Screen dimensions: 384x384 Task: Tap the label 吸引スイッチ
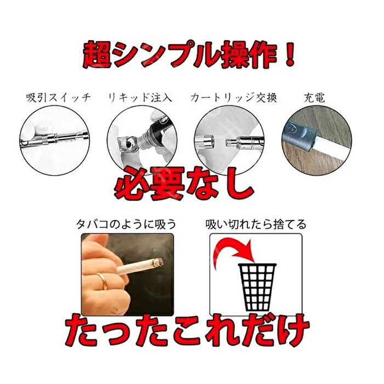coord(58,98)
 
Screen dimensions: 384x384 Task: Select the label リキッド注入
coord(140,98)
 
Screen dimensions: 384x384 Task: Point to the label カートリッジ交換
coord(233,98)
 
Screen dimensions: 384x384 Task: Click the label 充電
coord(314,98)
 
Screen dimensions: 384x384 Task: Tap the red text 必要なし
coord(184,184)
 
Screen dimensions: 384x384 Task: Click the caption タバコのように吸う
coord(126,224)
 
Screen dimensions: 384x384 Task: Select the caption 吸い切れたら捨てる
coord(256,224)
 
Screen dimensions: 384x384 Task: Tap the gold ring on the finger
coord(103,281)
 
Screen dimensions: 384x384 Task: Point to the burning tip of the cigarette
coord(158,263)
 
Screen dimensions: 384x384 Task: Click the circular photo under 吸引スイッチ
coord(54,140)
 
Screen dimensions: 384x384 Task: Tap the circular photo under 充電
coord(317,142)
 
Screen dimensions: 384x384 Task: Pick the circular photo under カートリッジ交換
coord(229,140)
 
